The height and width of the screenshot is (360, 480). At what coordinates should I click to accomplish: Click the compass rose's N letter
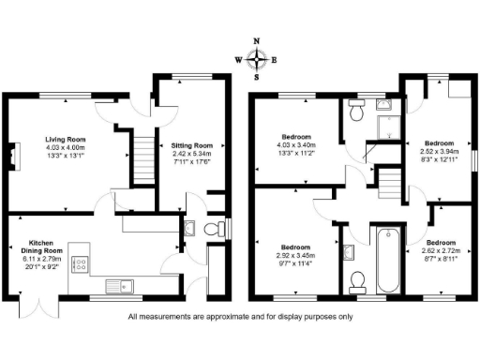[x=258, y=42]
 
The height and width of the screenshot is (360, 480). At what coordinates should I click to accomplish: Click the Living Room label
[x=66, y=139]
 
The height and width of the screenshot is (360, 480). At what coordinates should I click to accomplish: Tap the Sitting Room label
[x=190, y=146]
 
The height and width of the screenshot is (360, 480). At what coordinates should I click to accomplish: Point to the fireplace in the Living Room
[x=13, y=156]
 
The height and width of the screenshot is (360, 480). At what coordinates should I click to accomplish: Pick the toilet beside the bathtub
[x=356, y=279]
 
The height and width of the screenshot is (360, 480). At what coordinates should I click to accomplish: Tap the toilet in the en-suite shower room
[x=356, y=112]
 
